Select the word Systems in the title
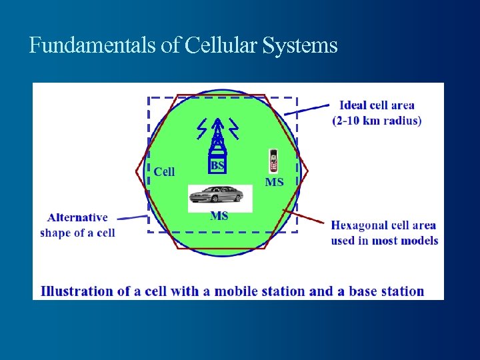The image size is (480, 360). click(x=301, y=46)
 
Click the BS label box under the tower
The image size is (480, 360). click(x=217, y=165)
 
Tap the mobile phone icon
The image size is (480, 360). click(x=273, y=161)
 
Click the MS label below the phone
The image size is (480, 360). click(x=274, y=181)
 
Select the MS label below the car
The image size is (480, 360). click(x=219, y=215)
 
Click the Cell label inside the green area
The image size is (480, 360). click(x=164, y=171)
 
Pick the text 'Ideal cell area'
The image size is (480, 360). click(x=377, y=105)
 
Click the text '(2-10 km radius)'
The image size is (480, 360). click(x=377, y=121)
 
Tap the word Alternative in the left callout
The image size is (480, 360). click(x=77, y=217)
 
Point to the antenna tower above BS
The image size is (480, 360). click(x=217, y=137)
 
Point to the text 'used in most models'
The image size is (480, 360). click(x=385, y=240)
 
